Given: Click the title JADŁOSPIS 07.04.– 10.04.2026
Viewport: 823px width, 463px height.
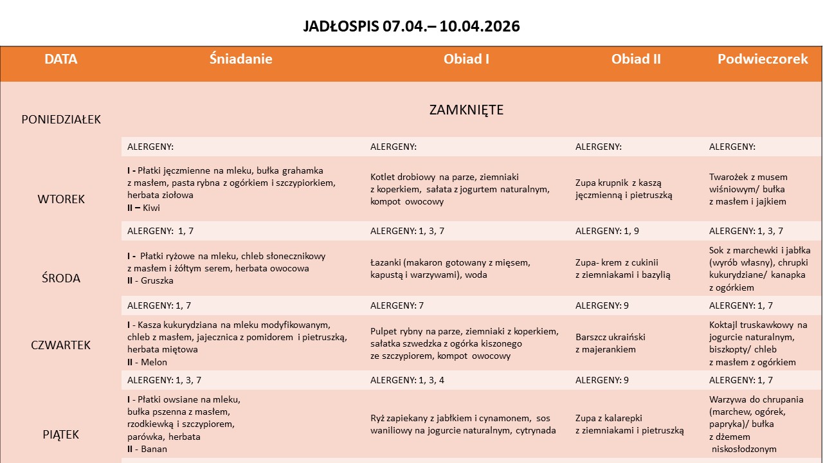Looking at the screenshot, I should [x=411, y=26].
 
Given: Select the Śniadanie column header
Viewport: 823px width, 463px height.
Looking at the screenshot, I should [x=241, y=59].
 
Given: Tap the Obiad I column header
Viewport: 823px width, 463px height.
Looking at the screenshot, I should [x=466, y=59].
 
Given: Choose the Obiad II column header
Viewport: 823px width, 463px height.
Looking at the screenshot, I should [x=636, y=59].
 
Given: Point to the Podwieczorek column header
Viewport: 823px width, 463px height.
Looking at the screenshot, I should [x=763, y=59].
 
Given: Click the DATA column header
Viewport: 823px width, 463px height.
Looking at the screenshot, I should [x=61, y=59].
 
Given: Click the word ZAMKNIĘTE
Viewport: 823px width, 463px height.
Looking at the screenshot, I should [x=466, y=110].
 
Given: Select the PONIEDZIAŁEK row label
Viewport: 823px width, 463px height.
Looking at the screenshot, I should [x=61, y=120].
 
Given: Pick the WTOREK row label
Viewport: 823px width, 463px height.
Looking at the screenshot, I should [x=61, y=199].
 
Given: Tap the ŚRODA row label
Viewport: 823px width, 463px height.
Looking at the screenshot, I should [x=61, y=278].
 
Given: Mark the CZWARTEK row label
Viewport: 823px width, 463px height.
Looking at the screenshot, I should [x=61, y=345].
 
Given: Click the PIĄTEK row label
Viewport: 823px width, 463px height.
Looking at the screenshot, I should [x=61, y=435].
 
